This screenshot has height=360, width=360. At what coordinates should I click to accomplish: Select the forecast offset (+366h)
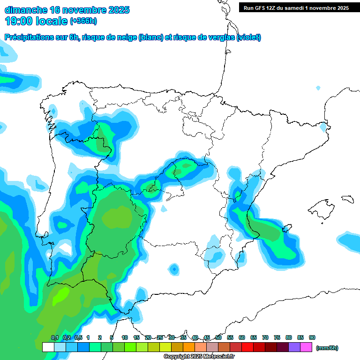(x=83, y=21)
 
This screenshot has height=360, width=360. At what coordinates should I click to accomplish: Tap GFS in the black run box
(x=262, y=8)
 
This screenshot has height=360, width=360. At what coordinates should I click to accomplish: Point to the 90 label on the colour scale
(x=312, y=338)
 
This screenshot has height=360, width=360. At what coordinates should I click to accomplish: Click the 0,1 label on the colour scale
(x=54, y=338)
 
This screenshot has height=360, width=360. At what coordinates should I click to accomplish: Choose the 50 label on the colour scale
(x=218, y=338)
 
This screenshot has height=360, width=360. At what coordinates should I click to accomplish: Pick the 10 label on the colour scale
(x=125, y=338)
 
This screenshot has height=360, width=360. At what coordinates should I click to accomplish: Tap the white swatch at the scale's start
(x=48, y=347)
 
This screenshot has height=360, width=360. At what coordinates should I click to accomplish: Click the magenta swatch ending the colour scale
(x=307, y=347)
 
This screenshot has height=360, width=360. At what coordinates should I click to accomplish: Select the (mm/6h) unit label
(x=327, y=348)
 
